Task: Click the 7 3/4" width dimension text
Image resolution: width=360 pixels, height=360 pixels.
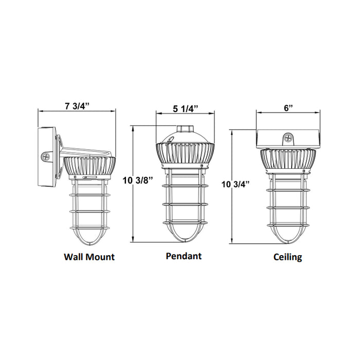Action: (x=77, y=106)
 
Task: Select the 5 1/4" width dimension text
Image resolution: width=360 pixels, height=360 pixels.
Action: (x=185, y=109)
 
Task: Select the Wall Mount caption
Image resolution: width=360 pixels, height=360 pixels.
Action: (x=89, y=256)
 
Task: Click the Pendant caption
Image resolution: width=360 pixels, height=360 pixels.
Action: (x=184, y=255)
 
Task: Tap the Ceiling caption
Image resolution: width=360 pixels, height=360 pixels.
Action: (x=287, y=257)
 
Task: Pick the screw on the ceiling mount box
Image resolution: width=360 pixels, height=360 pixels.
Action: (x=288, y=137)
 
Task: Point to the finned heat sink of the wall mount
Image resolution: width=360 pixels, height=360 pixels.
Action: (x=89, y=166)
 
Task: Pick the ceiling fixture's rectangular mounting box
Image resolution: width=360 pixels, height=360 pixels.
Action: (x=288, y=138)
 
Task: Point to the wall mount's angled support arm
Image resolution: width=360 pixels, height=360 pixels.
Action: (x=85, y=151)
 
